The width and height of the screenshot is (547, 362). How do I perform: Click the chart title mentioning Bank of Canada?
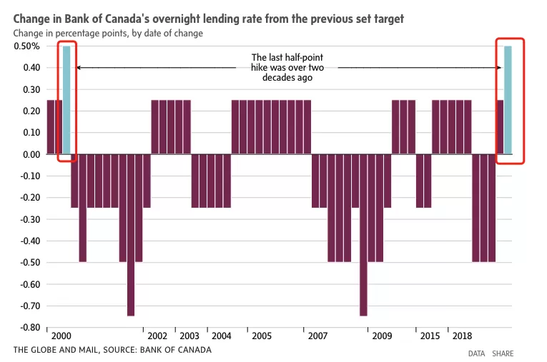(x=208, y=19)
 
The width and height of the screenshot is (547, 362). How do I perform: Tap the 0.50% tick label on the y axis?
(x=27, y=46)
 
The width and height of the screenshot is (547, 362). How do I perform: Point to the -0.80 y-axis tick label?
(x=30, y=328)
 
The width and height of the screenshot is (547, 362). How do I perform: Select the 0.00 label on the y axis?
(x=31, y=154)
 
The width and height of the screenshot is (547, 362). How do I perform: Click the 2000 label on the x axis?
(x=61, y=336)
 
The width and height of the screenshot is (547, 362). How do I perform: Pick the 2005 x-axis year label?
(x=262, y=336)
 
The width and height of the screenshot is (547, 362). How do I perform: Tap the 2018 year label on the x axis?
(x=462, y=336)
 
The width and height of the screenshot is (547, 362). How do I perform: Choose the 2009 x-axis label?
(x=382, y=336)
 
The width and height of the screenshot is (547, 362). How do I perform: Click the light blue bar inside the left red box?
(x=66, y=100)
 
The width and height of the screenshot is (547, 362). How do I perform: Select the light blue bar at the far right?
(x=508, y=100)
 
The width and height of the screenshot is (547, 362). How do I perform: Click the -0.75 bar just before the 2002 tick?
(x=131, y=235)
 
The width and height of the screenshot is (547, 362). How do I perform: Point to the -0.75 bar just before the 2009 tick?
(x=363, y=235)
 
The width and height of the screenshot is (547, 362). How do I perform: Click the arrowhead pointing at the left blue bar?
(x=78, y=68)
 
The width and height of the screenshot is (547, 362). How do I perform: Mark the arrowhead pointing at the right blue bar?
(x=499, y=68)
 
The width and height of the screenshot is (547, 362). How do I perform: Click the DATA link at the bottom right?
(x=476, y=353)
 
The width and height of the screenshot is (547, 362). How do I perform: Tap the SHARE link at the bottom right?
(x=503, y=353)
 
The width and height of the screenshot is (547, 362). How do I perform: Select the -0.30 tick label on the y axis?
(x=30, y=219)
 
